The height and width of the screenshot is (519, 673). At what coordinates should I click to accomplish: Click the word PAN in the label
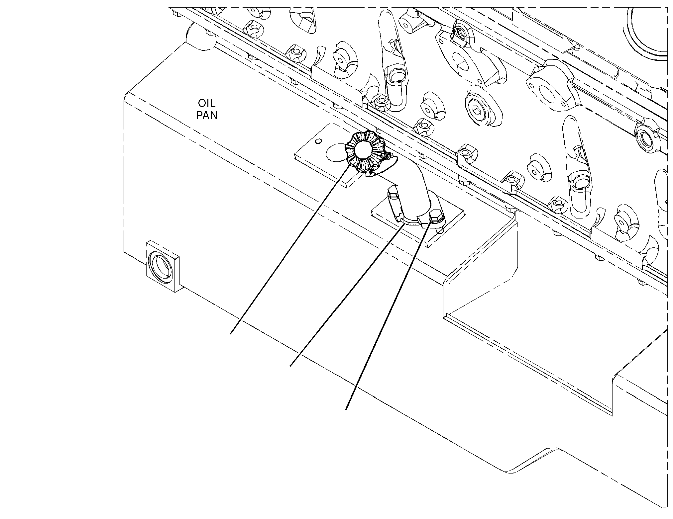207,116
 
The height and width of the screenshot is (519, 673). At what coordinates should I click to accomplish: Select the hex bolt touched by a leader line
436,217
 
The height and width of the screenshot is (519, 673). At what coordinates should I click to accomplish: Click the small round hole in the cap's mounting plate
318,141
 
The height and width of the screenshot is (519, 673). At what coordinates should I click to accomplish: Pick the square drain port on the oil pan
163,266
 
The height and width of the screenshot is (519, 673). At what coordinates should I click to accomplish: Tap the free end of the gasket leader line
290,366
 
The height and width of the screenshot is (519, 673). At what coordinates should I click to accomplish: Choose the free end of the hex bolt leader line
346,409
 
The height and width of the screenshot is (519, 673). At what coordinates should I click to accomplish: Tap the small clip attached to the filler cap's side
387,156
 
